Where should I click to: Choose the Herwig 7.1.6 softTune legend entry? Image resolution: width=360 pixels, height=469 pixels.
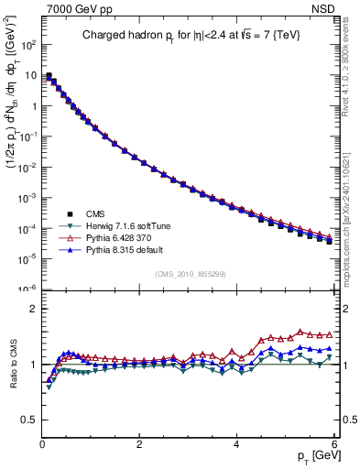tap(123, 225)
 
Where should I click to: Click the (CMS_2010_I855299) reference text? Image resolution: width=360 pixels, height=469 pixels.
tap(190, 274)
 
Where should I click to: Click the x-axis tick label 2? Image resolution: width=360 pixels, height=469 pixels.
tap(139, 443)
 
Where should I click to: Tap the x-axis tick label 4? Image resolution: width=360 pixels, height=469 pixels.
tap(237, 443)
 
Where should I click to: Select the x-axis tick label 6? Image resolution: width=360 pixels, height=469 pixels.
tap(334, 443)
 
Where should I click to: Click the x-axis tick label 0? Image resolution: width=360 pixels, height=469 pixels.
tap(42, 443)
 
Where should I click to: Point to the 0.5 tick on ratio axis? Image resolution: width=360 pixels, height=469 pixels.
tap(30, 420)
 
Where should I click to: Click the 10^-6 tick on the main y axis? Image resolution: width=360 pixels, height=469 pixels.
tap(29, 289)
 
